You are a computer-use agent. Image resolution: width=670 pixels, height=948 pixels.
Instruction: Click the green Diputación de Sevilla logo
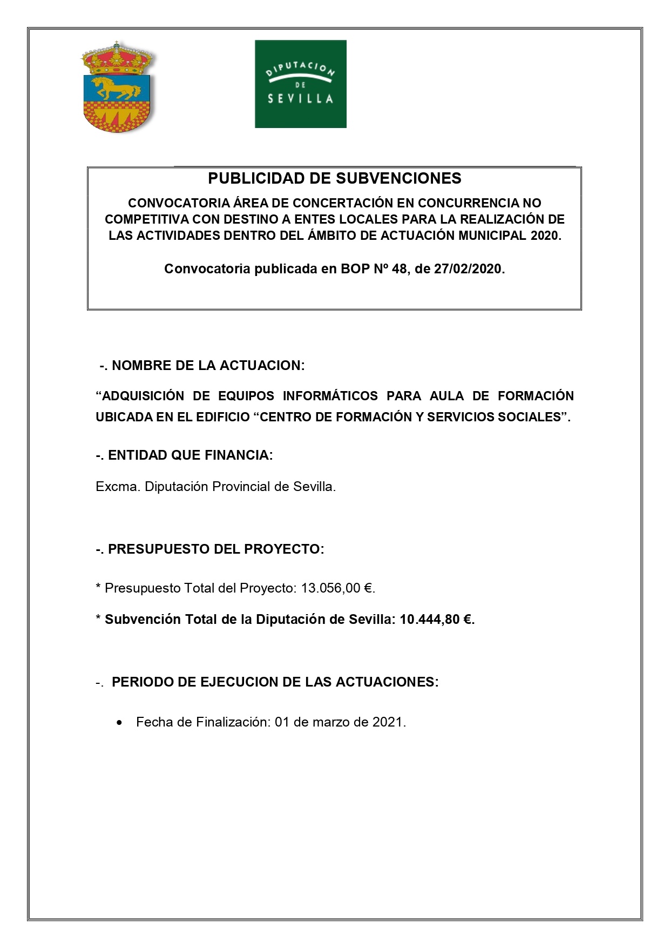300,84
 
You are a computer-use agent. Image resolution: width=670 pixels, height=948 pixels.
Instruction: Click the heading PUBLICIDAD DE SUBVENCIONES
335,178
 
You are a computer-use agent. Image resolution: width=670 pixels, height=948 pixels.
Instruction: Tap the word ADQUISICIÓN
140,396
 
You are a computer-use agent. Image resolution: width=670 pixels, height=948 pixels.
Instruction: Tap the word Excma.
118,487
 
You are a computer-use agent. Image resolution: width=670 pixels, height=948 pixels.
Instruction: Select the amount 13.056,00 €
337,588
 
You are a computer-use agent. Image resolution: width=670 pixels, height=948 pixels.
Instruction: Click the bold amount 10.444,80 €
436,620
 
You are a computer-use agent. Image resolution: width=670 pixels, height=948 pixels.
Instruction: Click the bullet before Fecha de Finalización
119,723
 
